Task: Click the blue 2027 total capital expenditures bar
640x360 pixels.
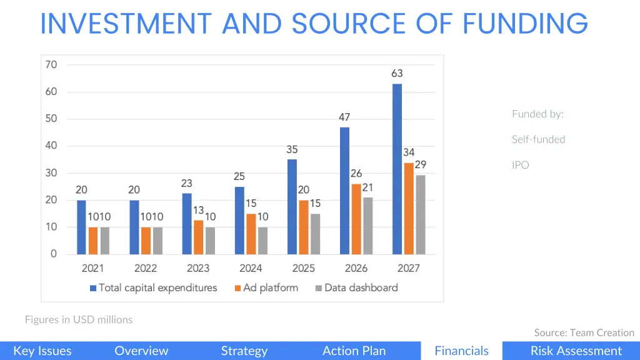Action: (x=397, y=169)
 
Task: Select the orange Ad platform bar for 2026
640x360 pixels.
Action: (x=356, y=219)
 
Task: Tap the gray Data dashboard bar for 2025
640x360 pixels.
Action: (x=315, y=234)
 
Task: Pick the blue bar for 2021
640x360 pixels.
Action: (x=81, y=227)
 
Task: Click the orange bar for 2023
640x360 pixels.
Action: (x=198, y=237)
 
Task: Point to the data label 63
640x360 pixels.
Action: (x=397, y=73)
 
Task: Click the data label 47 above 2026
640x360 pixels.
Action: (x=344, y=117)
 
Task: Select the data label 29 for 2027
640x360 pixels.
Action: (x=421, y=164)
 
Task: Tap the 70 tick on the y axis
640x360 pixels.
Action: (x=51, y=64)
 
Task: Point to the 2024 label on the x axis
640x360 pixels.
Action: (x=250, y=269)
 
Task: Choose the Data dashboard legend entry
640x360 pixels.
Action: (x=356, y=288)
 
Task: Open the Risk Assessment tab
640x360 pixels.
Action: (x=576, y=351)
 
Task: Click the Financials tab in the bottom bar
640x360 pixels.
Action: (x=461, y=351)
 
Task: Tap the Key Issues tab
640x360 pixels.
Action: (x=42, y=351)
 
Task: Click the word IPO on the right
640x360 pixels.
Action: (x=520, y=165)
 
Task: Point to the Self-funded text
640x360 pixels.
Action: (x=538, y=139)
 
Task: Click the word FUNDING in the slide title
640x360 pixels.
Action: (x=526, y=24)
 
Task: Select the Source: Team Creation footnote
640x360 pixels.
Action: (x=584, y=332)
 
